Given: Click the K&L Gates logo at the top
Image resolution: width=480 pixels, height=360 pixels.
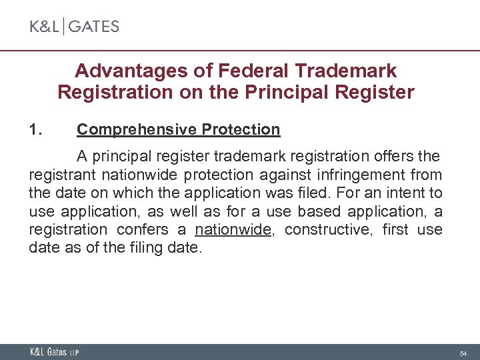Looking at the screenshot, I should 74,27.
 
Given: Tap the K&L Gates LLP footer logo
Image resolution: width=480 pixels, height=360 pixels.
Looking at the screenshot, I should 54,352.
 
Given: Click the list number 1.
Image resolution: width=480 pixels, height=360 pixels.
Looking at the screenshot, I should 37,129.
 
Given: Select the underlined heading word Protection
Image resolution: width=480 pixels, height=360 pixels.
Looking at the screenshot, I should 240,129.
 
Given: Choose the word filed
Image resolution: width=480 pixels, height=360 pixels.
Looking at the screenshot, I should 333,194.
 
